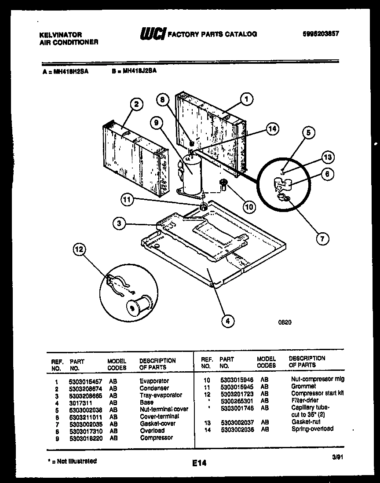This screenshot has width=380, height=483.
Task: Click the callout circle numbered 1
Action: pos(247,99)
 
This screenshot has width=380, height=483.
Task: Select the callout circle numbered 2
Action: pos(137,104)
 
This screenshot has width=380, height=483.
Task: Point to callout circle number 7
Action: pos(322,239)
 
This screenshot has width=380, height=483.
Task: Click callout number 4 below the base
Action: pos(227,322)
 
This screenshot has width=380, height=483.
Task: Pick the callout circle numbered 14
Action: pos(273,128)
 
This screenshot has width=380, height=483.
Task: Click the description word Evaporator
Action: pos(154,381)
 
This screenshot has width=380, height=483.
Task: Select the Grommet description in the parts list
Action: pos(303,386)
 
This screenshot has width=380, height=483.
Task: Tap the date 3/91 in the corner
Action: pos(337,458)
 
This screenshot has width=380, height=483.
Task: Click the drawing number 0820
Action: pos(285,322)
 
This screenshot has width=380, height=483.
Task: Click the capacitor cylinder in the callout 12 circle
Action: pos(139,304)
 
